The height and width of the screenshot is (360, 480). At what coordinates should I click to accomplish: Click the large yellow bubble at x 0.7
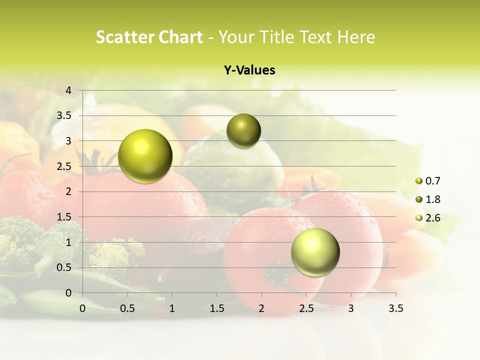(x=145, y=156)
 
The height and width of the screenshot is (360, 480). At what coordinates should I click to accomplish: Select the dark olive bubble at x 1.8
(x=243, y=131)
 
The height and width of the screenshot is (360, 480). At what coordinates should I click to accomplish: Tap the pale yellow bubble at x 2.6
(x=315, y=252)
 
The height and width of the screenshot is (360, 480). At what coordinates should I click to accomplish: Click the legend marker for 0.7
(x=419, y=181)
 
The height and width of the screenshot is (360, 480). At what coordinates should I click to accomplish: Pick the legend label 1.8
(x=433, y=199)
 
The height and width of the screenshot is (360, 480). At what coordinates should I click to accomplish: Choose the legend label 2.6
(x=433, y=218)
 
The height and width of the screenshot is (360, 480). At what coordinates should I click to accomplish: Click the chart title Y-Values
(x=249, y=70)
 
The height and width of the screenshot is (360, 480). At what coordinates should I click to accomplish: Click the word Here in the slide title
(x=356, y=37)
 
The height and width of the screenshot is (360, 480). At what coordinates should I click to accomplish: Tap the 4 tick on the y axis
(x=69, y=90)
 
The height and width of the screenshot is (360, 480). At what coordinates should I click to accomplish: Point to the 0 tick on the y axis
(x=69, y=293)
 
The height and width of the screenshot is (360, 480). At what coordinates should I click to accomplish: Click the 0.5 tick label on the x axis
(x=127, y=308)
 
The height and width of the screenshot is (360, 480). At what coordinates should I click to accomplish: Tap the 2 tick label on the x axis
(x=261, y=308)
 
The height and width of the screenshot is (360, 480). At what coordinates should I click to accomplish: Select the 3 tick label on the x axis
(x=351, y=308)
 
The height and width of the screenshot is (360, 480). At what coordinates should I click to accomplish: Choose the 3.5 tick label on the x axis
(x=395, y=308)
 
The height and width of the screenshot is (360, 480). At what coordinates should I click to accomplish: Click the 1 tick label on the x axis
(x=172, y=308)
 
